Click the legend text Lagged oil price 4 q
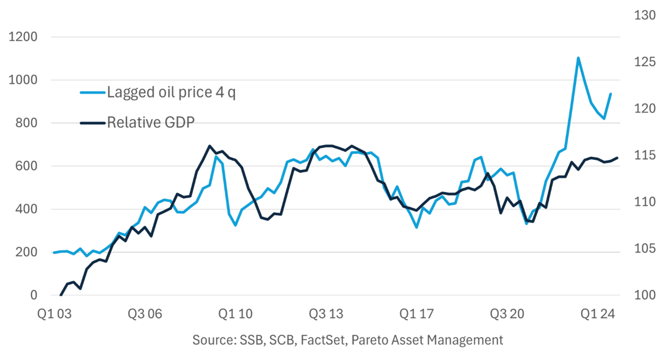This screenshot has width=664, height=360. (x=171, y=92)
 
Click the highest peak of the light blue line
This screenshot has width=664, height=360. (x=578, y=57)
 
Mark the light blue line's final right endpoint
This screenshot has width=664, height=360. (x=611, y=93)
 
